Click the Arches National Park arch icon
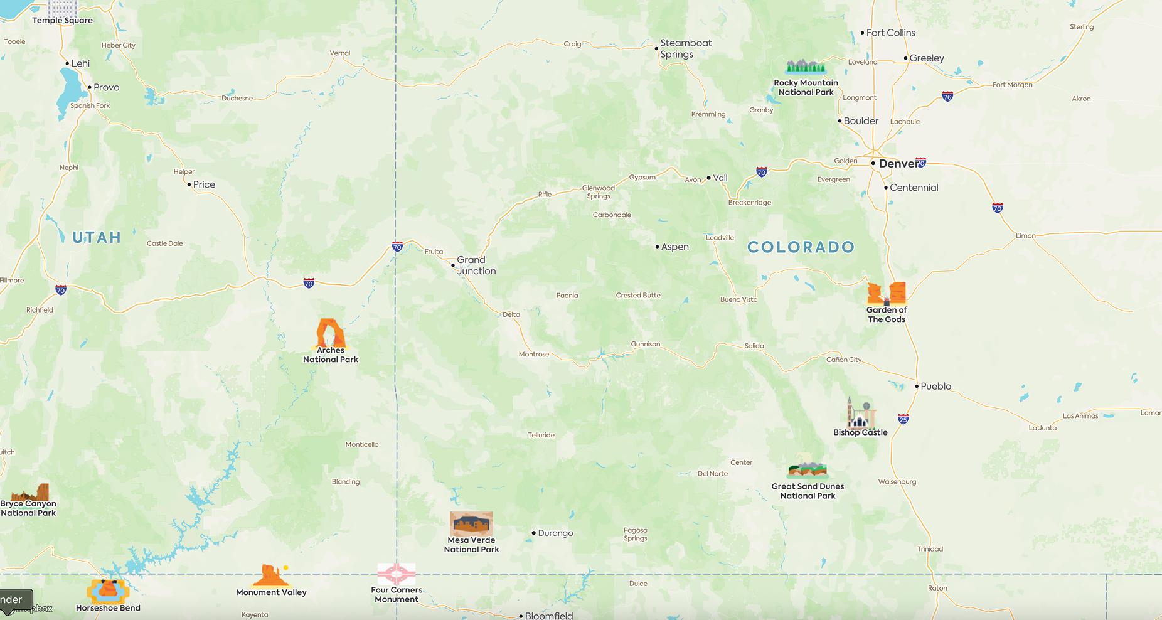(330, 333)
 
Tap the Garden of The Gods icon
(887, 293)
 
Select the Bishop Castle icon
(860, 412)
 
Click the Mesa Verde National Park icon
(471, 523)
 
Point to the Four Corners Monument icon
(396, 574)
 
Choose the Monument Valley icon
(271, 575)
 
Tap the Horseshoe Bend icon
(108, 591)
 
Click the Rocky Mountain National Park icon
(806, 67)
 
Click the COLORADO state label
(801, 247)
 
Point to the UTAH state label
(97, 238)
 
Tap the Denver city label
(899, 164)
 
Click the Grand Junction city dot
(453, 265)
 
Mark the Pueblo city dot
(917, 386)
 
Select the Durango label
(555, 533)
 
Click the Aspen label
(674, 247)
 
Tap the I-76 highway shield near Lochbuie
(947, 96)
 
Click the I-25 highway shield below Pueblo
(903, 419)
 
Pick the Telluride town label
(541, 435)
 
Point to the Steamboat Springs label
(685, 48)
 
